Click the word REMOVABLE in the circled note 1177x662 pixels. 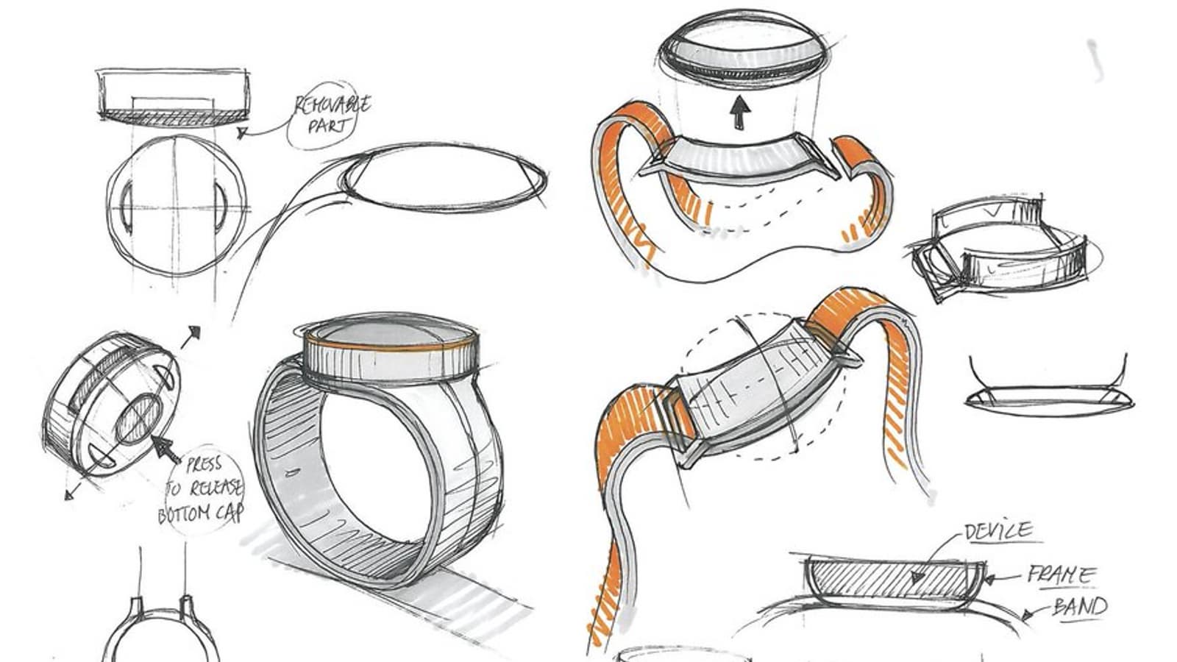[333, 106]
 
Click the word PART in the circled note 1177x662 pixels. [327, 126]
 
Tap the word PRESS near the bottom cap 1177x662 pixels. [204, 465]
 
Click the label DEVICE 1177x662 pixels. [998, 531]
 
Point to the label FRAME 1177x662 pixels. [1061, 575]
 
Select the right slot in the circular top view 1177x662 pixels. [220, 207]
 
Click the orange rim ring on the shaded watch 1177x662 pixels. [391, 345]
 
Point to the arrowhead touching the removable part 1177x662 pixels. [242, 133]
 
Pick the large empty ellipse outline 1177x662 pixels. [444, 177]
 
